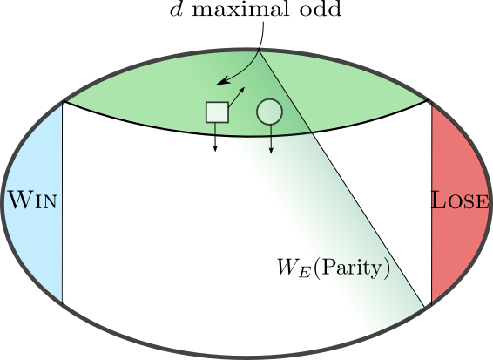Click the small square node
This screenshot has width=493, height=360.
click(217, 112)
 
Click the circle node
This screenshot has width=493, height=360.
click(269, 112)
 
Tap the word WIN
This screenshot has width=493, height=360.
click(32, 200)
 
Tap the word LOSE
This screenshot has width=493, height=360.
click(460, 200)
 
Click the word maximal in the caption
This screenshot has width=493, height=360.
click(240, 10)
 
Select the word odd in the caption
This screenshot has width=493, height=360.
click(320, 10)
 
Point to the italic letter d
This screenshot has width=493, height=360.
click(175, 10)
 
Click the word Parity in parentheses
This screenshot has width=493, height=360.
click(352, 268)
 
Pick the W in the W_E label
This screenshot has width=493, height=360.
click(287, 267)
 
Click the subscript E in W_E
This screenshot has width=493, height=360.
click(305, 273)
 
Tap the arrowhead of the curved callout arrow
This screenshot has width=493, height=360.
click(222, 81)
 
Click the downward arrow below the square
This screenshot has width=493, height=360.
click(215, 137)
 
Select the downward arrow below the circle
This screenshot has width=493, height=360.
click(271, 139)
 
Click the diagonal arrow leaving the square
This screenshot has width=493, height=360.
click(237, 98)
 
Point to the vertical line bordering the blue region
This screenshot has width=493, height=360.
click(62, 202)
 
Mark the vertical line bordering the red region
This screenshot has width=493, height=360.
click(432, 203)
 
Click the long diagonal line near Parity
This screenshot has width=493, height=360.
click(341, 178)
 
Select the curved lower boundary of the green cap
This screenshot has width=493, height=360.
click(246, 136)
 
